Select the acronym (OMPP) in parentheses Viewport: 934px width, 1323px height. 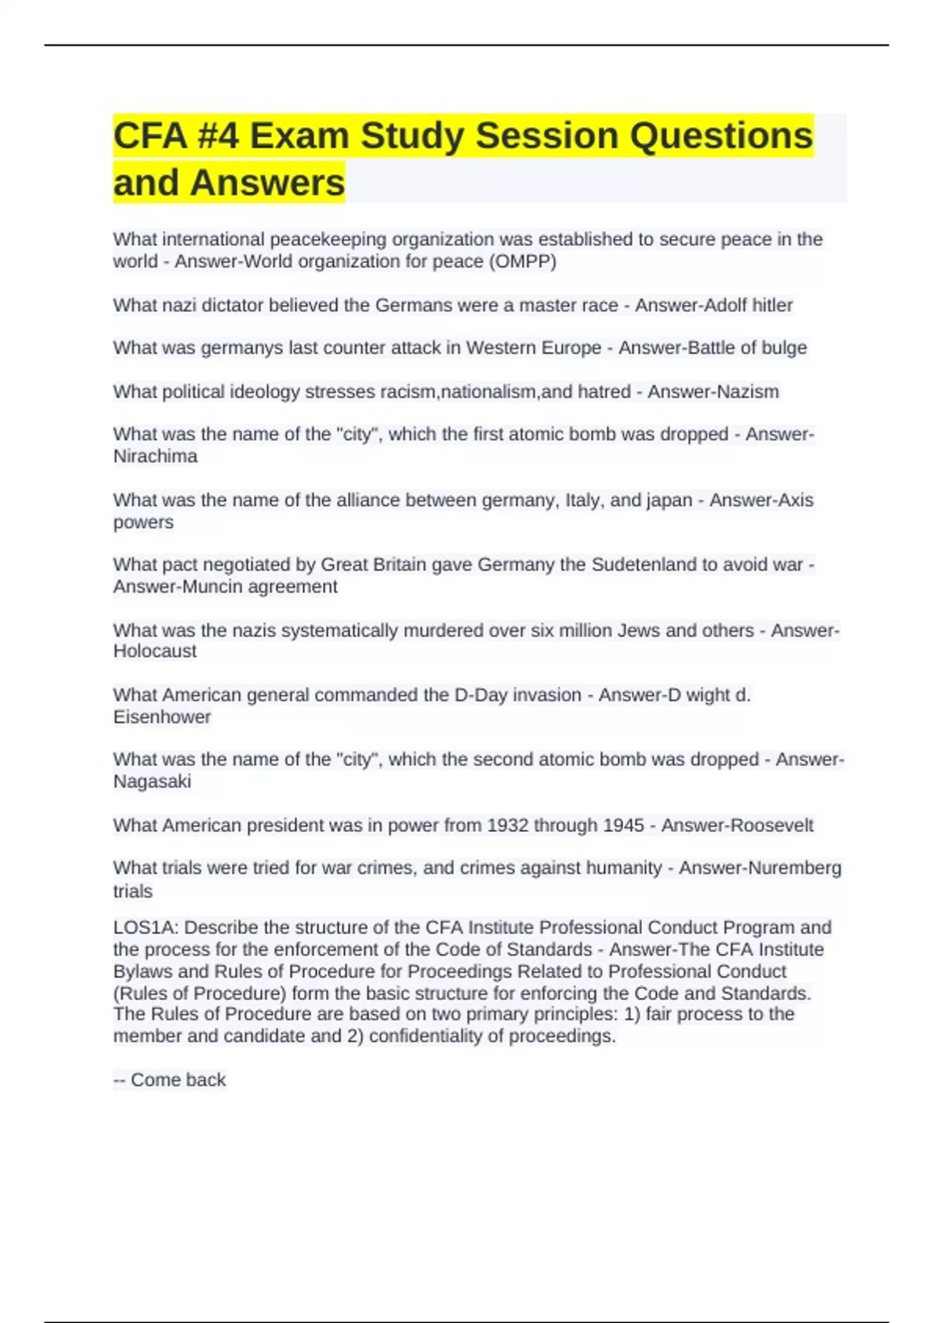click(522, 261)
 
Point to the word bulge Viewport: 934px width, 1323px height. click(784, 348)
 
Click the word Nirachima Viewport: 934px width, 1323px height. click(155, 456)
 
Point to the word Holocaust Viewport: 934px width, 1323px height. click(154, 651)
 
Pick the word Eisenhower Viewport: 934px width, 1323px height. click(162, 717)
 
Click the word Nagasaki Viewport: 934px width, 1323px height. click(152, 781)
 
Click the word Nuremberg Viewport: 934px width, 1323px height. click(798, 868)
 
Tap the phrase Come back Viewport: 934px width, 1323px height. click(177, 1080)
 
